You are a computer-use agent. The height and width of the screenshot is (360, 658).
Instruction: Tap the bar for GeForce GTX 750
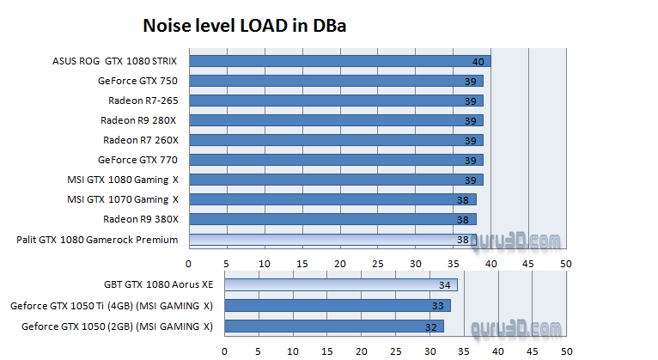click(336, 81)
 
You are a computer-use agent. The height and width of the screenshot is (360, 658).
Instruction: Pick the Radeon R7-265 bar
click(336, 101)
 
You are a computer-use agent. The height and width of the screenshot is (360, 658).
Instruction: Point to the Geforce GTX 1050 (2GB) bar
click(334, 326)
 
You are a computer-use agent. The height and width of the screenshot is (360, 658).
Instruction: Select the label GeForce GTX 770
click(137, 160)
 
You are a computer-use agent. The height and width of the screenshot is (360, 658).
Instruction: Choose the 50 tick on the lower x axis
click(566, 351)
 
